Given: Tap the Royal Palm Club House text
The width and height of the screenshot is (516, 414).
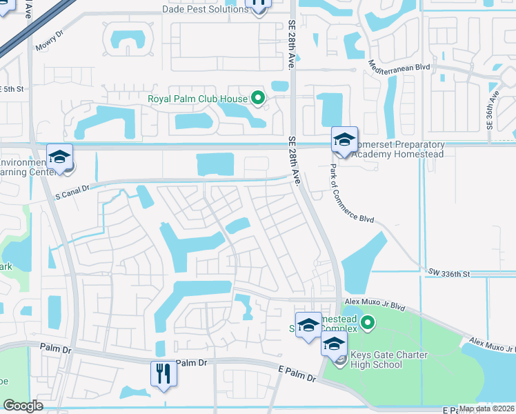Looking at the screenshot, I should pyautogui.click(x=198, y=98).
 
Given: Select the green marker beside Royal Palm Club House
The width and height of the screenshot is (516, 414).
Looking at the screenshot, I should pyautogui.click(x=259, y=98).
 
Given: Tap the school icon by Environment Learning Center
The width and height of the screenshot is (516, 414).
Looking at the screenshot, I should pyautogui.click(x=60, y=158).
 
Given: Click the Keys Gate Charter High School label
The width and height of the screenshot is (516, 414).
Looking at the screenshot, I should pyautogui.click(x=389, y=360).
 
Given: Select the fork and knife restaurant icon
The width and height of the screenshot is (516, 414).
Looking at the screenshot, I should pyautogui.click(x=164, y=374).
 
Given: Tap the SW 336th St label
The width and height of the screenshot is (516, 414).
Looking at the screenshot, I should pyautogui.click(x=448, y=273).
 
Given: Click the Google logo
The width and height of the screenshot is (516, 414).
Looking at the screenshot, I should pyautogui.click(x=23, y=406).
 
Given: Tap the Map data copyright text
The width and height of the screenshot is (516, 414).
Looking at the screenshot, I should pyautogui.click(x=486, y=408).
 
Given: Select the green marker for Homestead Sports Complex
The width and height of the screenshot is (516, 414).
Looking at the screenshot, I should pyautogui.click(x=368, y=322).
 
